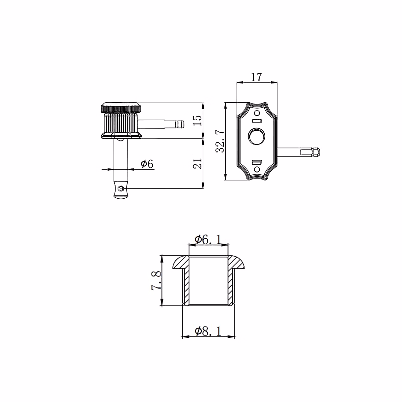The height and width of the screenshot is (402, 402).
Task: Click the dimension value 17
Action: [x=256, y=77]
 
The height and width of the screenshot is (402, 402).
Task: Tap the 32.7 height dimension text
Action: [x=220, y=141]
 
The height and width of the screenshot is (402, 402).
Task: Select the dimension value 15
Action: [x=198, y=120]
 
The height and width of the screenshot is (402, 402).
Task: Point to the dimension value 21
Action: [x=198, y=163]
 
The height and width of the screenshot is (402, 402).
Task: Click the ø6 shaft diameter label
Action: [x=147, y=164]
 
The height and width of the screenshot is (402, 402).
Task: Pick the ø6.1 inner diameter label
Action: [x=208, y=240]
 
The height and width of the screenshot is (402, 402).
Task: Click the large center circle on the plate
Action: [x=257, y=136]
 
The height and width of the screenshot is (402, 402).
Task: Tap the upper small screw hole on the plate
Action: [x=257, y=113]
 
